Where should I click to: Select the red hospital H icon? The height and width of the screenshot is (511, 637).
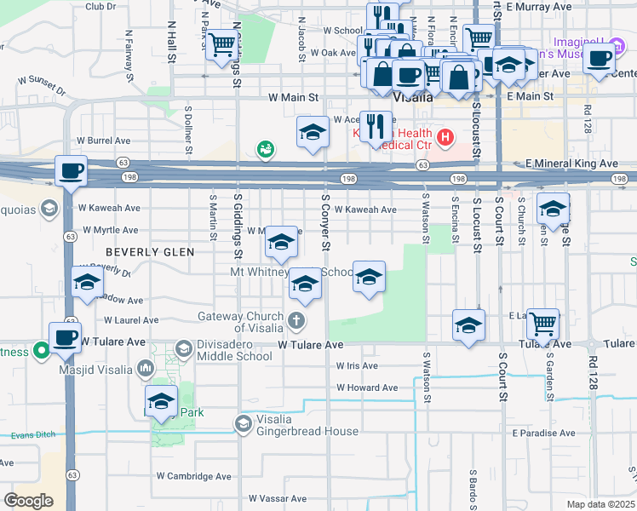pos(444,135)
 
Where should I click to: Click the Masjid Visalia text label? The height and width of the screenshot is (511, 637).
pos(97,370)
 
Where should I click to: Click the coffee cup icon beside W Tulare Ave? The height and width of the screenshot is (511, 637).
pos(66,337)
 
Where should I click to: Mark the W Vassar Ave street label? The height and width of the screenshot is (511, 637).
pos(277,497)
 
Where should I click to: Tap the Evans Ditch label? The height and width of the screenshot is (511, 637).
pos(34,434)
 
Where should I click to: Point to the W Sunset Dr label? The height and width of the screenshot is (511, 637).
pos(42,84)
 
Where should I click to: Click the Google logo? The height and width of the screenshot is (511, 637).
pos(28,501)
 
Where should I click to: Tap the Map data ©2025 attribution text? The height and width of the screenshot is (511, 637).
pos(600,504)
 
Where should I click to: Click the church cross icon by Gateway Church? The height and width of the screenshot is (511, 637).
pos(296,322)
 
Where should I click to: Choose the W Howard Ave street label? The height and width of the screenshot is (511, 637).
pos(366,388)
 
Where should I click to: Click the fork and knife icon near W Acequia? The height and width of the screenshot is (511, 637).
pos(374,126)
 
